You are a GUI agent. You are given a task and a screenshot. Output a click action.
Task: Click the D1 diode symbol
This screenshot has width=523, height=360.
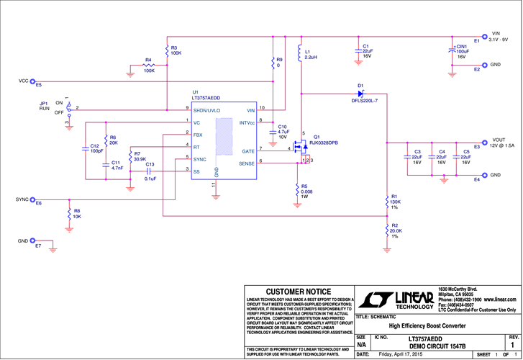[361, 94]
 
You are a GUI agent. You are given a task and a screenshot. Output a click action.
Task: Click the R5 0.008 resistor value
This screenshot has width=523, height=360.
[306, 192]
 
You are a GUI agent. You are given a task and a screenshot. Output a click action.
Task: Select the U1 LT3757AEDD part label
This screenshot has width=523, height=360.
[206, 97]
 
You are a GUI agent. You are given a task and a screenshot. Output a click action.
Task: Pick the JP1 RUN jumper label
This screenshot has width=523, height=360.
[45, 107]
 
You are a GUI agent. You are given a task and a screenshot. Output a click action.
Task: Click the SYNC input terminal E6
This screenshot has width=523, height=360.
[39, 199]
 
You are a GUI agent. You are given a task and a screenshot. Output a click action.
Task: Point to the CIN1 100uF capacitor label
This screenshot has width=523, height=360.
[462, 51]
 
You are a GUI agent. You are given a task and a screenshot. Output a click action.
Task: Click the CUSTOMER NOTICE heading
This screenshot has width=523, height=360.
[298, 292]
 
